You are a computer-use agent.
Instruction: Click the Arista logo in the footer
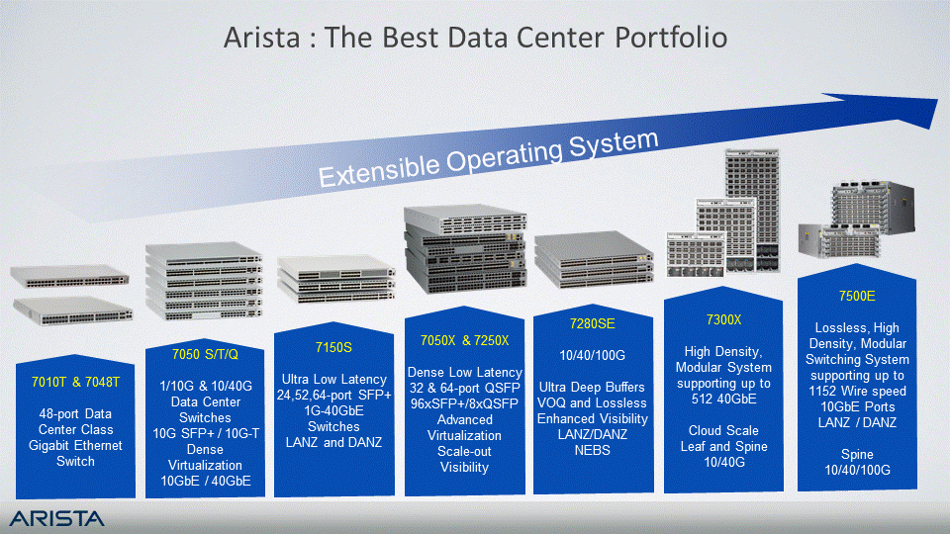tap(57, 518)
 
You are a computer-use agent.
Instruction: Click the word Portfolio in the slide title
tap(671, 38)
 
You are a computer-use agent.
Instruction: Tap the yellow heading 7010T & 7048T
tap(76, 382)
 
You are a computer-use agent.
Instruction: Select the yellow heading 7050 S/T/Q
tap(205, 354)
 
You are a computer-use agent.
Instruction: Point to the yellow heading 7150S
tap(333, 347)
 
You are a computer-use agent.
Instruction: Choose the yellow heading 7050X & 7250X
tap(465, 341)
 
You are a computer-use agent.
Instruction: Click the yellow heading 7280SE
tap(593, 324)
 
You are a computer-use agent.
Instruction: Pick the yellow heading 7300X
tap(723, 319)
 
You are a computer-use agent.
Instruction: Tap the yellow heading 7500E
tap(857, 296)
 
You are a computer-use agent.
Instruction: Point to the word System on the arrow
tap(614, 144)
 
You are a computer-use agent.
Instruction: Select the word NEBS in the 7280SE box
tap(593, 451)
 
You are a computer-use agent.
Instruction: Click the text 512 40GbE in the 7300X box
tap(723, 399)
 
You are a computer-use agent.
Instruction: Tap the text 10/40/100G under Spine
tap(857, 470)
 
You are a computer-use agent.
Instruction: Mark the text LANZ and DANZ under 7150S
tap(333, 443)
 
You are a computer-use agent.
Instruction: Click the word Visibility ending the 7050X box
tap(464, 468)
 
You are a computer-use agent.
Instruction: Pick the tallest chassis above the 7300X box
tap(752, 211)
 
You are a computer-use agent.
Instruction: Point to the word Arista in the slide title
tap(261, 38)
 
